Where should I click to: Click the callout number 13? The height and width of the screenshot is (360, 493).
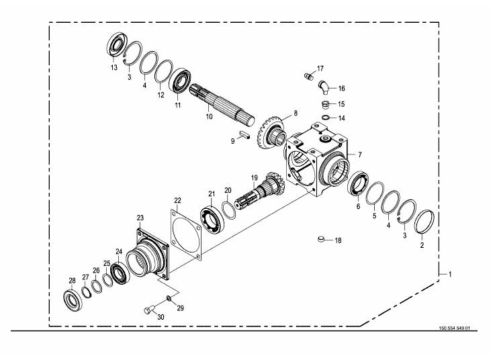coord(114,67)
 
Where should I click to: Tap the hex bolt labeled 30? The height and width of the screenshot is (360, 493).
coord(150,310)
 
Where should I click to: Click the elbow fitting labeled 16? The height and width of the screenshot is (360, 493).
coord(323,87)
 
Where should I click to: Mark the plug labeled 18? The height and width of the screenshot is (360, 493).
coord(320,240)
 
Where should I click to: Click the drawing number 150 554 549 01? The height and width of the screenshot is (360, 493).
coord(454,328)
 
